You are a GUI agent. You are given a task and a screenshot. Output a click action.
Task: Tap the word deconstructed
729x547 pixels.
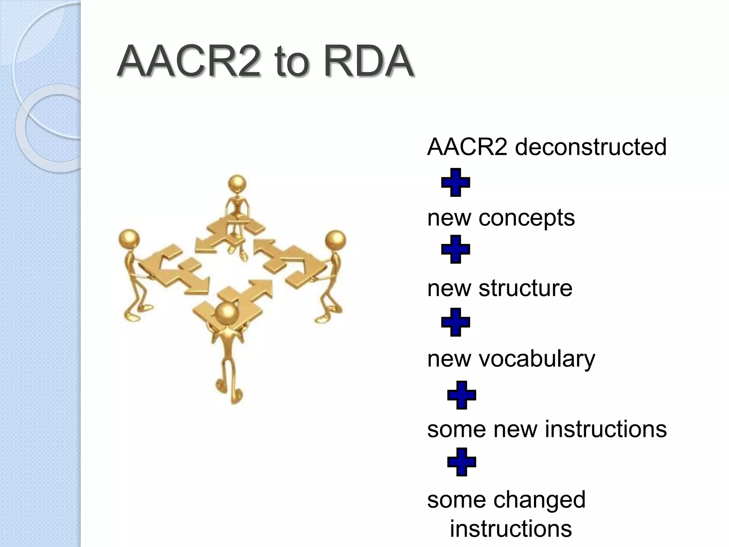click(591, 147)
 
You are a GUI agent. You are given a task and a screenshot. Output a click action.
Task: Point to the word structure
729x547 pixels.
click(525, 288)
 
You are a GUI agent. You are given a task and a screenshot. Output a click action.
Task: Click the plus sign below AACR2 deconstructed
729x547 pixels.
click(456, 182)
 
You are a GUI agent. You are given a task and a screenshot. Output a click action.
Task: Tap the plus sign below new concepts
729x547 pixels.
click(456, 249)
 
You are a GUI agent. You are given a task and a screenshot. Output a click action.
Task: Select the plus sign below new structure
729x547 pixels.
click(456, 322)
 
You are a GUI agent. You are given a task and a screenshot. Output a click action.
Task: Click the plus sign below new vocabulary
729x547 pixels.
click(462, 395)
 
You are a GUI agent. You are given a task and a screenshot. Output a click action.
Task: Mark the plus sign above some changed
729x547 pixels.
click(462, 462)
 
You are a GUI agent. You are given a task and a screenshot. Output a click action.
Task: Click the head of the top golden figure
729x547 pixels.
click(237, 184)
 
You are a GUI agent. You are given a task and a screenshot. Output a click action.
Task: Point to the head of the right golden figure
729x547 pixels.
click(335, 240)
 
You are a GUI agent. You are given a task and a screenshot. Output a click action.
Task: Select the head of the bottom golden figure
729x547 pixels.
click(226, 313)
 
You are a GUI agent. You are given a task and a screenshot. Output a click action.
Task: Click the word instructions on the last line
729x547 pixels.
click(511, 528)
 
